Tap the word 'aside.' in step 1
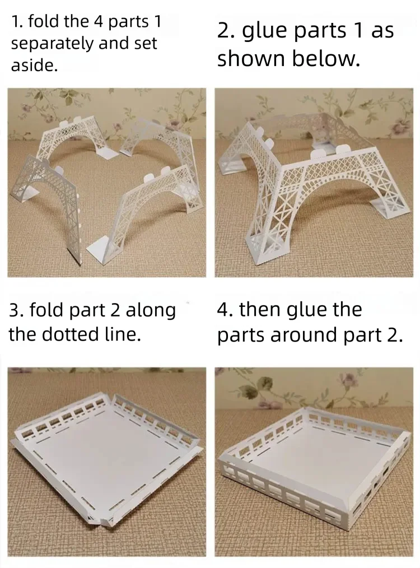click(x=34, y=66)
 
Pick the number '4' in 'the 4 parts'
click(x=99, y=22)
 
